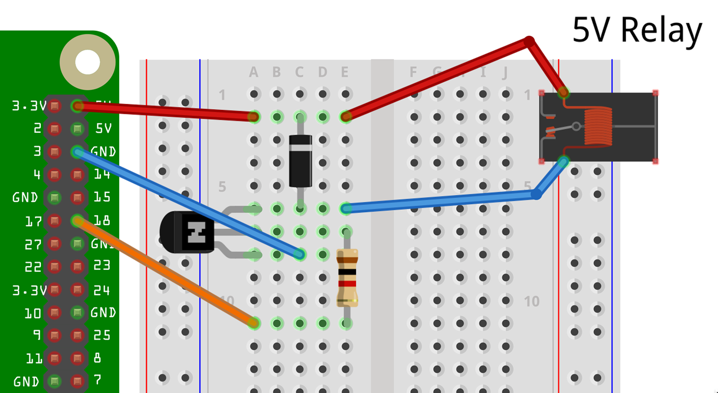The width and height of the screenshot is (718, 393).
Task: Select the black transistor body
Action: [187, 232]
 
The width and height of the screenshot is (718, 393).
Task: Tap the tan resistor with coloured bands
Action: [347, 278]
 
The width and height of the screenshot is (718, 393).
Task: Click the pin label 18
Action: [102, 220]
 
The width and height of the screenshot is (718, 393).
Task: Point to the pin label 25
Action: [102, 335]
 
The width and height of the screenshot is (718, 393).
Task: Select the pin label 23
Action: [102, 265]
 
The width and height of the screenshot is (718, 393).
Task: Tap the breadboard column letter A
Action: [254, 73]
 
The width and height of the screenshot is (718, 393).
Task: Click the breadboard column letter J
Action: [505, 73]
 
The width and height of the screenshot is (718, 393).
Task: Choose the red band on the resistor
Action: [347, 283]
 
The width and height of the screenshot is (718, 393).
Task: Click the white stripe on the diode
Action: [300, 148]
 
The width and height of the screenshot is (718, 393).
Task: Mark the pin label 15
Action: [102, 197]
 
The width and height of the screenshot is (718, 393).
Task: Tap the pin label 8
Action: [97, 358]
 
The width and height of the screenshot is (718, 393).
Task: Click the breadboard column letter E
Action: [345, 73]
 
